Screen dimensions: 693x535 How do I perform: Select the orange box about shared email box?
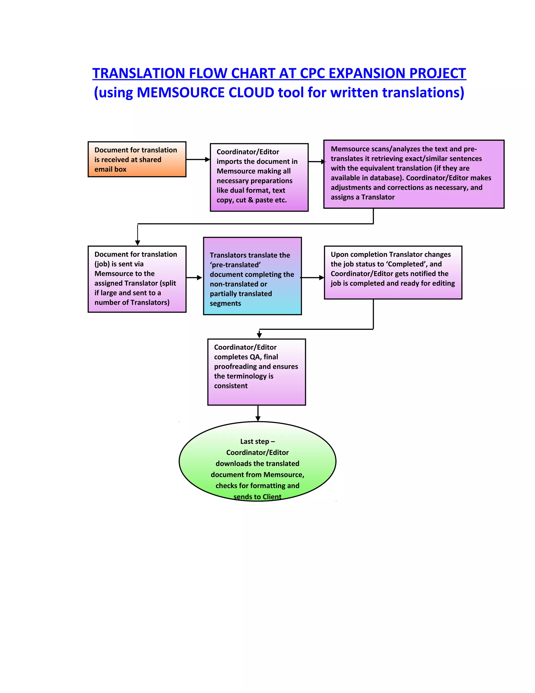tap(137, 159)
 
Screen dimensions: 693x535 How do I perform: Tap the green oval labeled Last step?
tap(257, 461)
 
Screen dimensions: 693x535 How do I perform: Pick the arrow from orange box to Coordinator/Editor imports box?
tap(198, 159)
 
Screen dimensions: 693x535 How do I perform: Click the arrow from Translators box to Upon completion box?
tap(312, 278)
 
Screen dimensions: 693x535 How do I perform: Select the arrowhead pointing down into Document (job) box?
tap(138, 243)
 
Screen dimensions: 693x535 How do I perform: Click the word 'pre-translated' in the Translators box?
tap(235, 265)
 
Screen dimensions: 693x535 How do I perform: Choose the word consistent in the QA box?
tap(231, 385)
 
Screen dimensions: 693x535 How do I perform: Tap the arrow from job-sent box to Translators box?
tap(194, 278)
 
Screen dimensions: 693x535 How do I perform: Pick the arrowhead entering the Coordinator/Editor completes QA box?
tap(259, 336)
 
